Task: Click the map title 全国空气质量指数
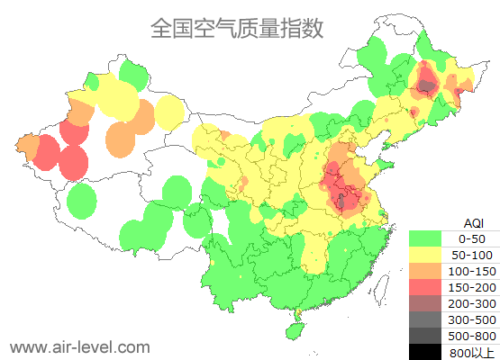(x=237, y=29)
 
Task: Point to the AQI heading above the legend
(x=473, y=222)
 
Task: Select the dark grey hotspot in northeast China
(x=426, y=86)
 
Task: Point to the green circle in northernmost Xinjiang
(x=132, y=73)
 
